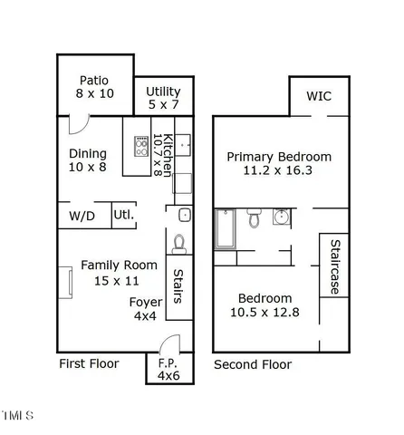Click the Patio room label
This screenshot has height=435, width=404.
click(94, 80)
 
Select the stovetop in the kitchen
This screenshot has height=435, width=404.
click(142, 145)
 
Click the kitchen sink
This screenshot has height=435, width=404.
click(183, 145)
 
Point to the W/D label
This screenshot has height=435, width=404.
click(82, 217)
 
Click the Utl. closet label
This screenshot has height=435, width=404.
click(122, 216)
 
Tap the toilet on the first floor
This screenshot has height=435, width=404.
click(179, 243)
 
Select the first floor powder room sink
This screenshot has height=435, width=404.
click(184, 216)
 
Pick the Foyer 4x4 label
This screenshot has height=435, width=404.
click(145, 310)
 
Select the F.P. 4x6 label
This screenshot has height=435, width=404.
click(168, 369)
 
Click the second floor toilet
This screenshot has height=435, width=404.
click(255, 218)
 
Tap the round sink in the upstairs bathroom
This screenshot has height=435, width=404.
click(281, 217)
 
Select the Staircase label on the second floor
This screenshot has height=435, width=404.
click(334, 266)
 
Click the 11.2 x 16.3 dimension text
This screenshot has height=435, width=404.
click(279, 170)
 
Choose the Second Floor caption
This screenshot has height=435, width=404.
click(253, 364)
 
